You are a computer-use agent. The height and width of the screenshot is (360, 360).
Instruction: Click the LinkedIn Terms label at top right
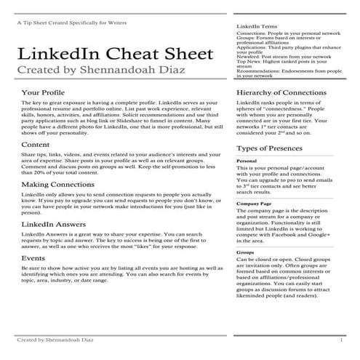click(257, 26)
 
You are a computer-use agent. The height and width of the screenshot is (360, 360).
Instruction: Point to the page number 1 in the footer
click(341, 340)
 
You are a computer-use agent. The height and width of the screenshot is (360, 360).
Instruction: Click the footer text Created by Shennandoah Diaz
click(54, 340)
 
